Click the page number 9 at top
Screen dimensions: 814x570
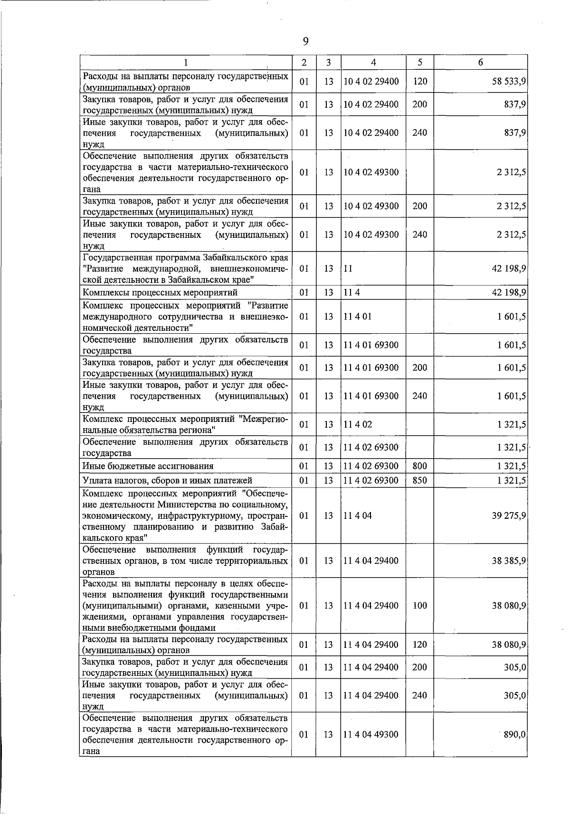[305, 42]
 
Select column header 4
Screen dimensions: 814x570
[373, 62]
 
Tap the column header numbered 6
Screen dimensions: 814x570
[480, 62]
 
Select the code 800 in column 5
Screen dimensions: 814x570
[419, 466]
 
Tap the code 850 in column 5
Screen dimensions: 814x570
[419, 480]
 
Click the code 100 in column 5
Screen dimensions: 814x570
[419, 606]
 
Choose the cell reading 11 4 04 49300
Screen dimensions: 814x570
[371, 734]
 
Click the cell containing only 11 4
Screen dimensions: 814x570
[351, 292]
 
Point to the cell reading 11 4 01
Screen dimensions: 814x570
[357, 317]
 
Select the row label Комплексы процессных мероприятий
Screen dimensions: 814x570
[160, 292]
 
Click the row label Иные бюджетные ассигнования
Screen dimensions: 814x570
[148, 466]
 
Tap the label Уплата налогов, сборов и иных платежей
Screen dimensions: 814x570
[167, 480]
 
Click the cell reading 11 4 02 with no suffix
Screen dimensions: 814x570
[358, 424]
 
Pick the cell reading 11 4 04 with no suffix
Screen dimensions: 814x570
[358, 515]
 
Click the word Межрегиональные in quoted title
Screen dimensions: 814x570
[264, 419]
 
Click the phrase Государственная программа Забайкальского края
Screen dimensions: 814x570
[185, 258]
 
